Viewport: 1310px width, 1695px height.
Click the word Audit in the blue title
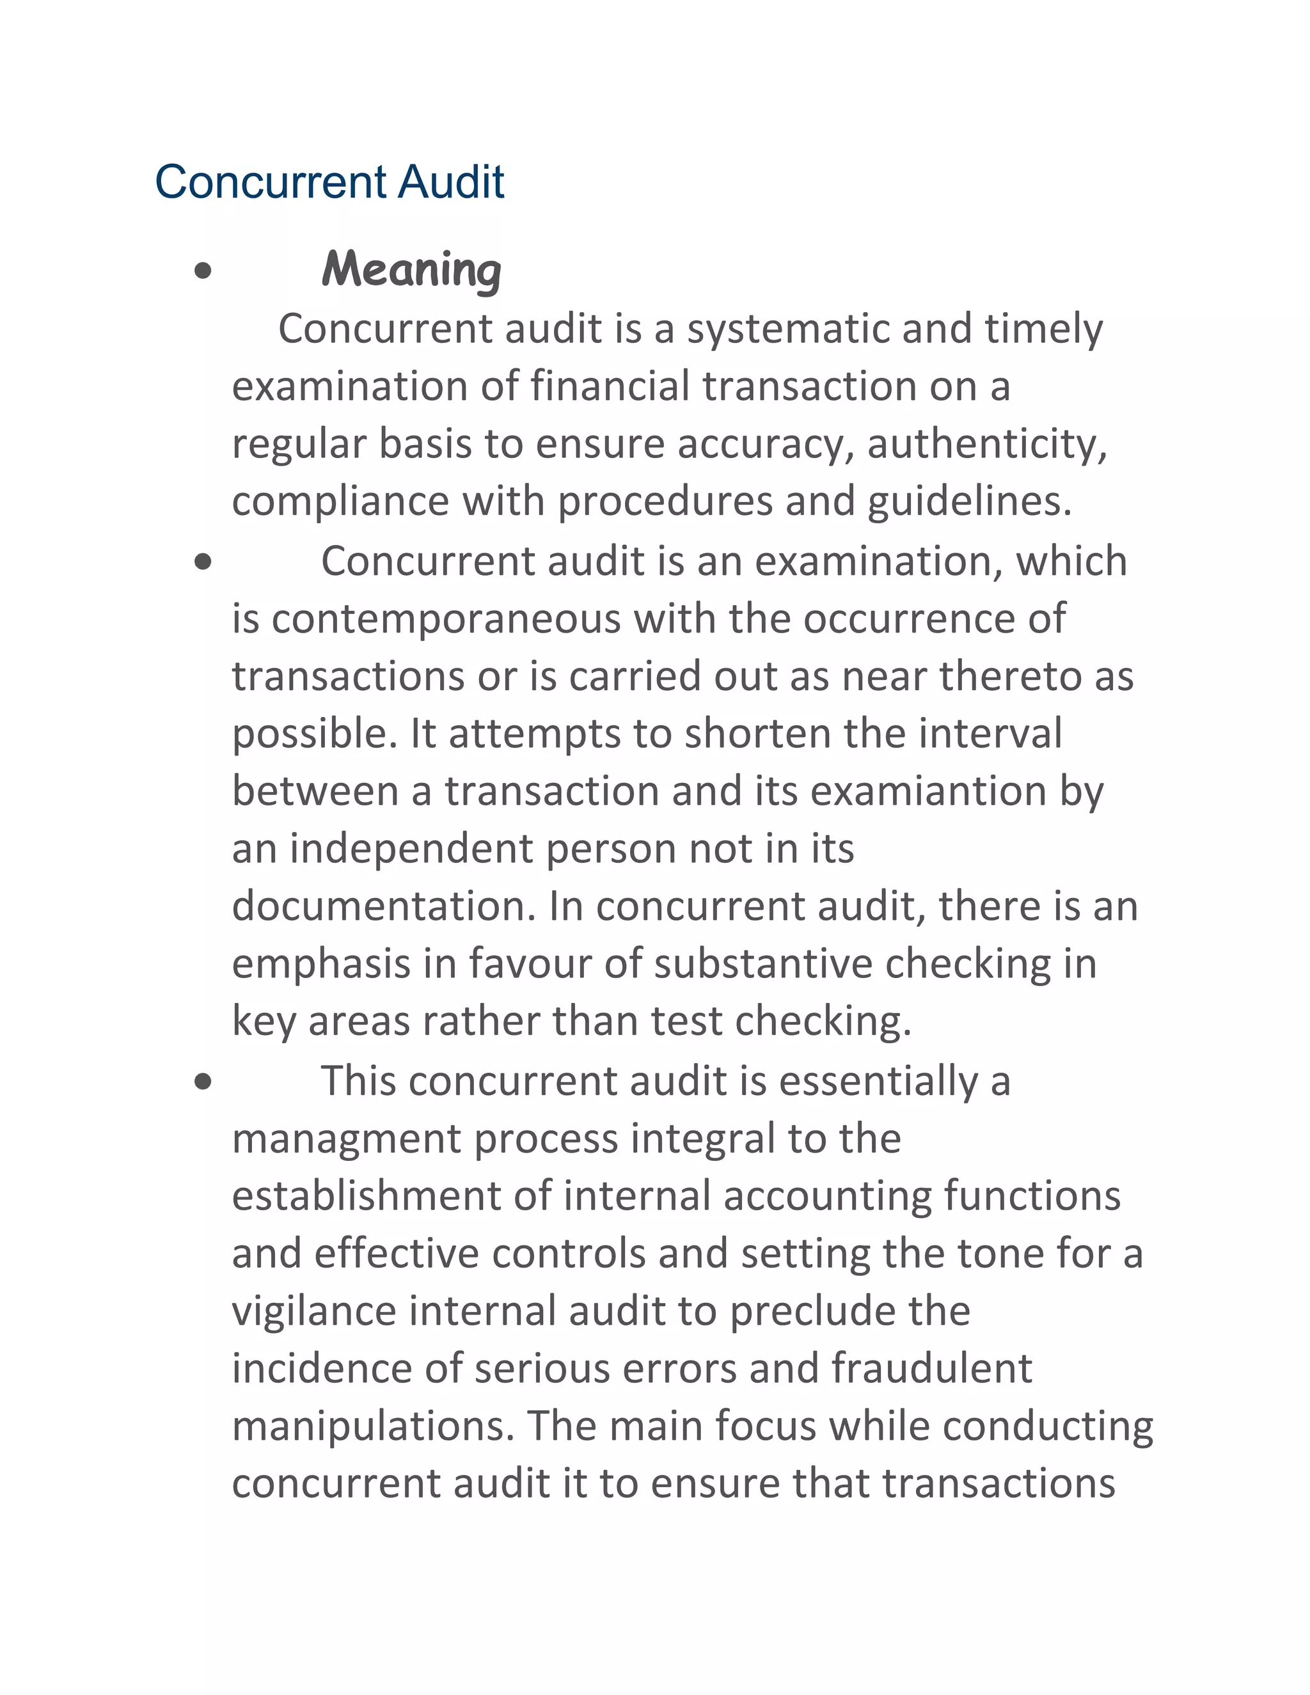(x=452, y=182)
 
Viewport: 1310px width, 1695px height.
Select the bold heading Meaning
(x=411, y=270)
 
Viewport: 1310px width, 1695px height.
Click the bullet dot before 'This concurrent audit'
(x=203, y=1082)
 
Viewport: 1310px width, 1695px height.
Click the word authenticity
(x=986, y=444)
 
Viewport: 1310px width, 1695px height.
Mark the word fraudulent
(x=931, y=1368)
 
